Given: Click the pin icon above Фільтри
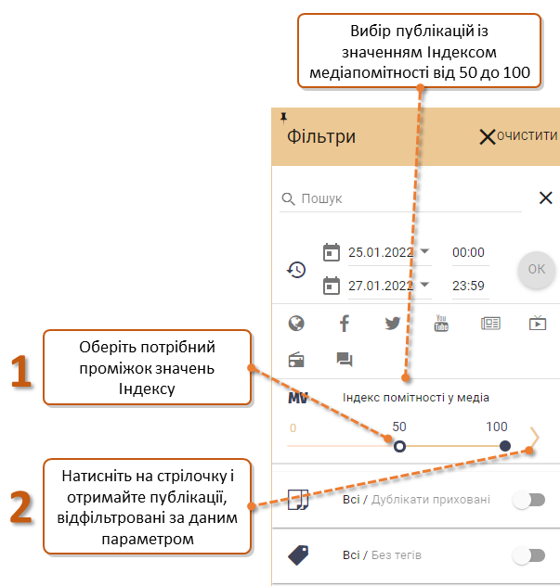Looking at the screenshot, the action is [284, 118].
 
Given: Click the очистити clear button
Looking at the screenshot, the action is [518, 136].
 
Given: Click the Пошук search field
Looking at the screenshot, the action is [400, 198].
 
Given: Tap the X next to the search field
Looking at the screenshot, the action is [546, 197].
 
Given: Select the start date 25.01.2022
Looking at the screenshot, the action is [381, 252].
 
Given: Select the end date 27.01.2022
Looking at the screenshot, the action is [381, 286].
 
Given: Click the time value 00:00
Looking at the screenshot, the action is [468, 252].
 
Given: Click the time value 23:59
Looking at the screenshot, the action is [468, 286].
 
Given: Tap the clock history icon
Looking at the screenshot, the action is [296, 270].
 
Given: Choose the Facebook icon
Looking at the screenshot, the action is [345, 324].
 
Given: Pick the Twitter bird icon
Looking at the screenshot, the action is [393, 324].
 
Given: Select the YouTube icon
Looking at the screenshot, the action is [441, 323].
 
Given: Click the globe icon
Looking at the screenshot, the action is [296, 324].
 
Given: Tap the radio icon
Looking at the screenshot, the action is [296, 360].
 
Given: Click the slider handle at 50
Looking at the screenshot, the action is [399, 446].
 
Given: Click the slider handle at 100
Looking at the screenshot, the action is [505, 446].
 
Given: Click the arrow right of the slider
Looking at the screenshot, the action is [535, 437].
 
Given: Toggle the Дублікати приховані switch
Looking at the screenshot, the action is [529, 500].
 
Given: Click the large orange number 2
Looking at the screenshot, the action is [21, 507].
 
